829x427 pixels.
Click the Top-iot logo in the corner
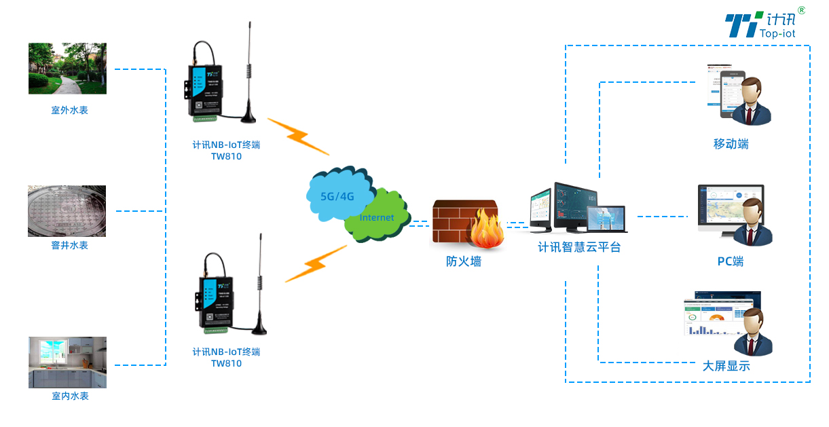(764, 24)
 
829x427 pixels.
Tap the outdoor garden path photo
(67, 69)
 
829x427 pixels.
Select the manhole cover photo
(67, 211)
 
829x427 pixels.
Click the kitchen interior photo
(67, 362)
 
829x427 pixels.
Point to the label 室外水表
(69, 110)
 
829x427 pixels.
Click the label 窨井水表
(69, 245)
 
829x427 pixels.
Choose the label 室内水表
(70, 396)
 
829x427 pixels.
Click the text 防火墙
(464, 261)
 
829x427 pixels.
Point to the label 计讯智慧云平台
(579, 247)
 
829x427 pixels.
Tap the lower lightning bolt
(315, 264)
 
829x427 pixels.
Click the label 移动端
(731, 144)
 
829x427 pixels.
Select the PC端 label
(731, 261)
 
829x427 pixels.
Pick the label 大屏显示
(726, 366)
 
